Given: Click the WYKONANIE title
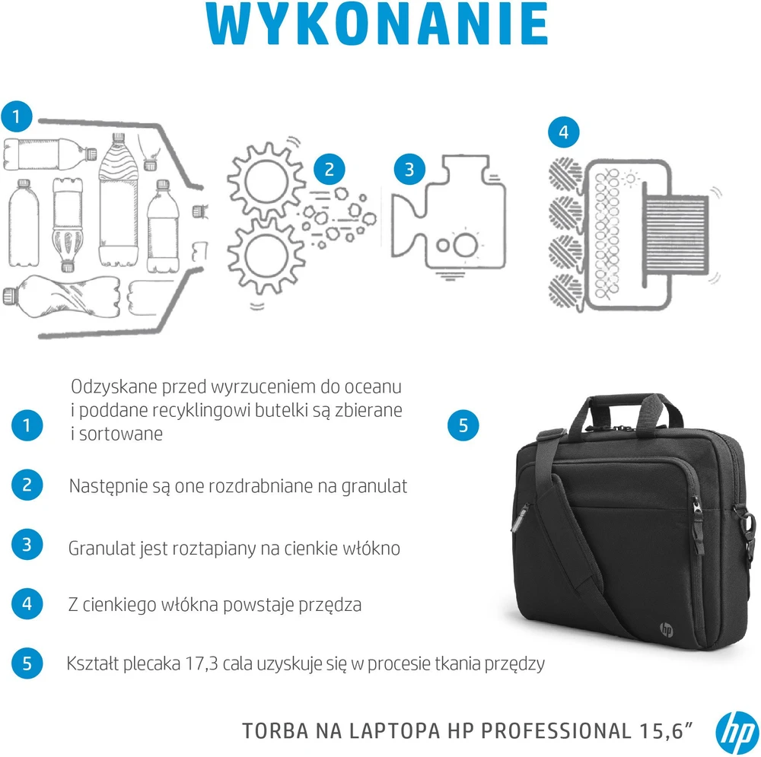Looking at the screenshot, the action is tap(377, 24).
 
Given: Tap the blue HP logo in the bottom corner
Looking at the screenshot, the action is tap(736, 732).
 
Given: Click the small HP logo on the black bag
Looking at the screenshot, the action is tap(667, 629).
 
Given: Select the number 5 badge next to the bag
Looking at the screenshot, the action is tap(463, 425).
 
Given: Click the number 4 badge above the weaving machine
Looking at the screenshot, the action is tap(563, 132).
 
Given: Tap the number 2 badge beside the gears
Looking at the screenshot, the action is tap(329, 170).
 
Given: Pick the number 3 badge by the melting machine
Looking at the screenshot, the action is tap(409, 170).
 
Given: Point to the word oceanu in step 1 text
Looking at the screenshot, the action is tap(373, 386).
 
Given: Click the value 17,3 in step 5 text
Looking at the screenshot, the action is tap(202, 663).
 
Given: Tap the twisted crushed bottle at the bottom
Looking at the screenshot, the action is tap(62, 296).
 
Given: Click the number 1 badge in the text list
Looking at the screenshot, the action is tap(27, 425).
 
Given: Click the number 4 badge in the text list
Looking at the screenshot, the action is tap(27, 604).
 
